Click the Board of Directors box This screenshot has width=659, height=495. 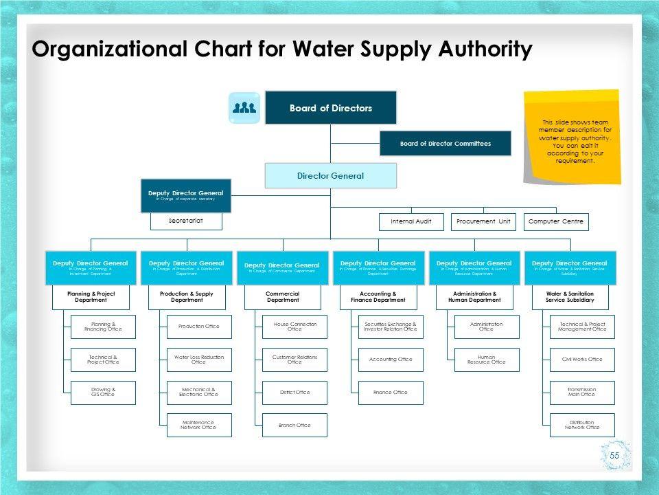tap(331, 108)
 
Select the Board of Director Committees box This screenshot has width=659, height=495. tap(446, 143)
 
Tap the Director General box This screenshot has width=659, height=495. tap(331, 175)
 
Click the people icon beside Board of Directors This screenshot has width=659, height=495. tap(244, 108)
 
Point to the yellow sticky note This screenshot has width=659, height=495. tap(573, 137)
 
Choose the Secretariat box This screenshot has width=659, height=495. tap(186, 221)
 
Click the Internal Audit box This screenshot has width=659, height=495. tap(411, 221)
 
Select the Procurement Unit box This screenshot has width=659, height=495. tap(485, 221)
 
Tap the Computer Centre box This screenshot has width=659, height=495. tap(557, 221)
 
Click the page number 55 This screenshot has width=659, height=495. tap(614, 455)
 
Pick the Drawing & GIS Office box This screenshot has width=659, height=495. tap(103, 392)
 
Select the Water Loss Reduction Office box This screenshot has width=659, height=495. tap(199, 360)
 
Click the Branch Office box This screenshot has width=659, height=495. tap(294, 425)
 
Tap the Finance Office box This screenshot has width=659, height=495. tap(391, 392)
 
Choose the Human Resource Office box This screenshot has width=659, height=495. tap(487, 360)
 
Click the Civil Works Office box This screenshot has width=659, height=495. tap(582, 360)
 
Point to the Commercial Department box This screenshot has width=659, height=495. tap(283, 296)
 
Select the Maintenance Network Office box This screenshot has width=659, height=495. tap(199, 425)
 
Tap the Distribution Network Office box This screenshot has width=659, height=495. tap(582, 425)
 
